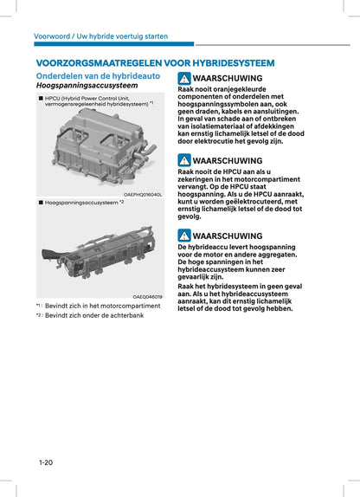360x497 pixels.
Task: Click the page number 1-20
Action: click(45, 463)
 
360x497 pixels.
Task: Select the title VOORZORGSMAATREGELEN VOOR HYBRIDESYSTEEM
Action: click(155, 63)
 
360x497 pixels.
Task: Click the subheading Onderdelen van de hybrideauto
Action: click(92, 76)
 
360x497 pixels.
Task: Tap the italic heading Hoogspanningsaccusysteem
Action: click(86, 87)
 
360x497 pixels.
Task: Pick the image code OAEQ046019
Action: click(147, 297)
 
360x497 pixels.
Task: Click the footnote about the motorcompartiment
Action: click(86, 307)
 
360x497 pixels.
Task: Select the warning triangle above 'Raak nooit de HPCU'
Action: click(183, 160)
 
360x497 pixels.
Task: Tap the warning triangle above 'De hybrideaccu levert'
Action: click(183, 236)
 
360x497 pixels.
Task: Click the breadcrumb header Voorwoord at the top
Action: click(52, 35)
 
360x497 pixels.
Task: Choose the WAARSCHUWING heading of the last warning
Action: click(227, 236)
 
